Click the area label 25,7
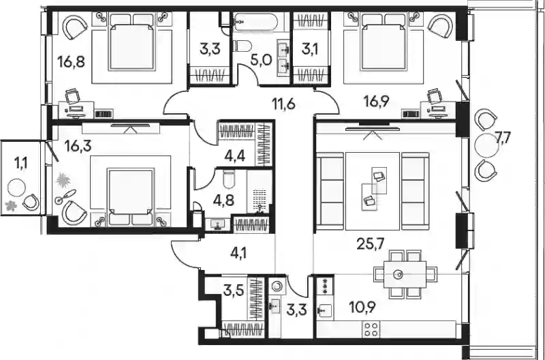pos(370,245)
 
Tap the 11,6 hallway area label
pos(283,104)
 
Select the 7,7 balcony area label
pos(502,138)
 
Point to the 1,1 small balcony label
pos(20,162)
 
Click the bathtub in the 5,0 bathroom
pos(255,22)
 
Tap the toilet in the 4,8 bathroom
pos(230,179)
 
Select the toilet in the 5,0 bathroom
pos(243,46)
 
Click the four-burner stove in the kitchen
pos(371,329)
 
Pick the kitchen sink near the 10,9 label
pos(325,308)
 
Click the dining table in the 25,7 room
pos(400,275)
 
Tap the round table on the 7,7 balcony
pos(486,146)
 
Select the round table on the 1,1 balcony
pos(16,188)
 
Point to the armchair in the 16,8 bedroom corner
pos(75,28)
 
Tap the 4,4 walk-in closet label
pos(235,157)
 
